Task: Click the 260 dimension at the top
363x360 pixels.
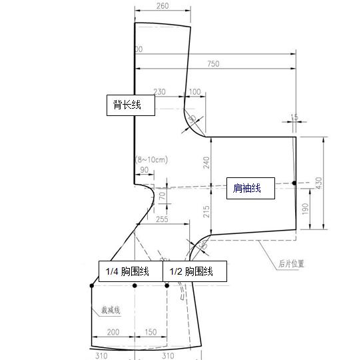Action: (x=163, y=6)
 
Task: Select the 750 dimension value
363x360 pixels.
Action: (x=213, y=64)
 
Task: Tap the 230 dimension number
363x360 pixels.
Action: (x=159, y=91)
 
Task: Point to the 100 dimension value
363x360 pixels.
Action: (x=194, y=91)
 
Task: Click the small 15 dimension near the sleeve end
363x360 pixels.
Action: (x=294, y=117)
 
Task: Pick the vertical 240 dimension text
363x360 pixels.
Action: (x=206, y=162)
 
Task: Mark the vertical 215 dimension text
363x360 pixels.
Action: (x=206, y=211)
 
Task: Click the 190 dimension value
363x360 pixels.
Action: (x=304, y=208)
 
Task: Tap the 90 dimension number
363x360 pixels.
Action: (x=145, y=171)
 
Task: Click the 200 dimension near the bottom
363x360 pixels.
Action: (x=113, y=332)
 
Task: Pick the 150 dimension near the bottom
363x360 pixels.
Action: (x=151, y=332)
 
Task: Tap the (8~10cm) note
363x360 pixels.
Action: (x=151, y=159)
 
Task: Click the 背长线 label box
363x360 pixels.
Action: (x=131, y=105)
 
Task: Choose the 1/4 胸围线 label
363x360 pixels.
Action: (x=131, y=271)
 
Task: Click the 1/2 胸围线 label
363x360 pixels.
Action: (x=195, y=271)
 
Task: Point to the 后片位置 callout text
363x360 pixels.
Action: (x=291, y=263)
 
